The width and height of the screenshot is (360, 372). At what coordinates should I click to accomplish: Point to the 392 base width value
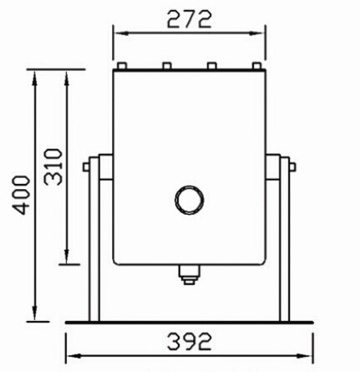[188, 342]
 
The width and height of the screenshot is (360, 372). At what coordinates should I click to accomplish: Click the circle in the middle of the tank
[189, 200]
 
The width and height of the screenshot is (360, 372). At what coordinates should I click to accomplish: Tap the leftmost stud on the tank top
[122, 66]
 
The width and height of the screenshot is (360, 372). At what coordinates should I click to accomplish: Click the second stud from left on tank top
[166, 66]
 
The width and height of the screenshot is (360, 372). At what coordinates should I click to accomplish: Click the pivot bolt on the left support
[87, 166]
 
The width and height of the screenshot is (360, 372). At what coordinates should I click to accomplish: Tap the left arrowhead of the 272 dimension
[118, 33]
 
